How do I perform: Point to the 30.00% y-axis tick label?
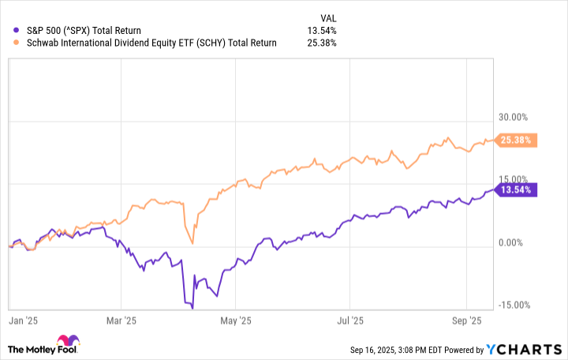tap(515, 116)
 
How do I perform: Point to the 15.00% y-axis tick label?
tap(515, 180)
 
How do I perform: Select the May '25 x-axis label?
tap(235, 321)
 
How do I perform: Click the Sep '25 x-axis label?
tap(467, 321)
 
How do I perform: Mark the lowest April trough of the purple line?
tap(192, 307)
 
